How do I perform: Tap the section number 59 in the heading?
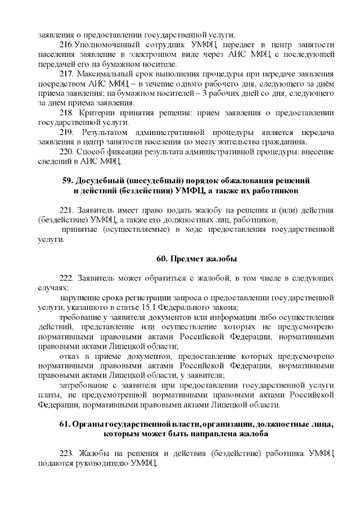66,181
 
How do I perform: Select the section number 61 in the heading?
64,425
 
